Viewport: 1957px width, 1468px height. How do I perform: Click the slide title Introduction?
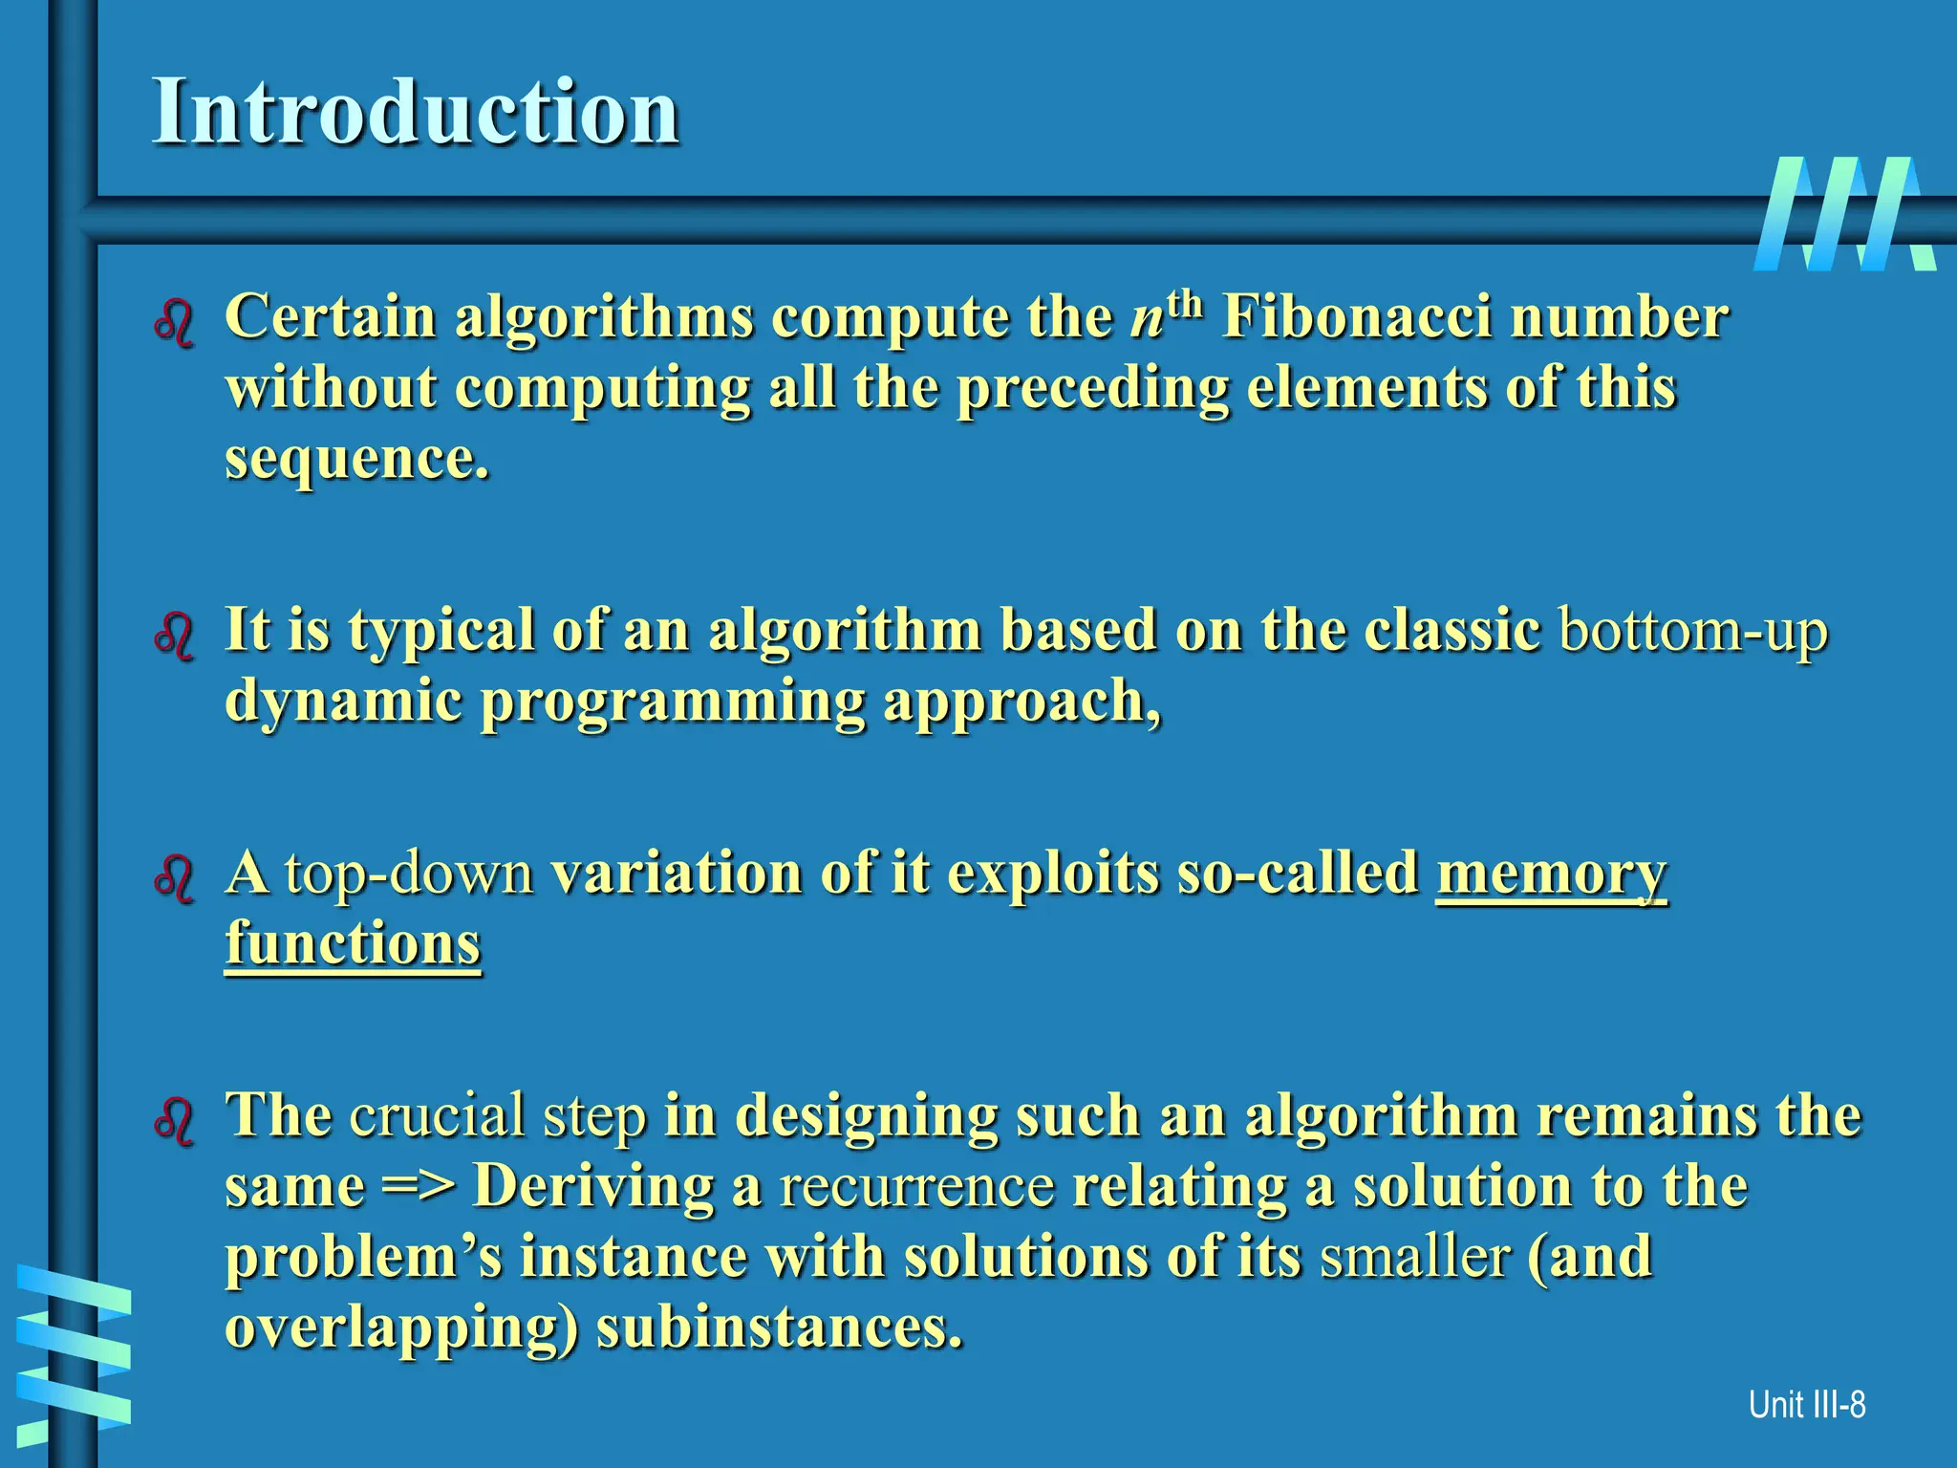416,112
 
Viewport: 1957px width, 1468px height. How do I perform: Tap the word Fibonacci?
1356,317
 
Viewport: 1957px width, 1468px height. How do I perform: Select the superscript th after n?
1184,304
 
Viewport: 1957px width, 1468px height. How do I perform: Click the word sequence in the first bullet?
355,459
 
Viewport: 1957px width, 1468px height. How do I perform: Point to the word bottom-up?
1692,631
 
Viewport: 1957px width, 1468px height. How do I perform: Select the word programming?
672,703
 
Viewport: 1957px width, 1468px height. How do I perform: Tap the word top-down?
409,874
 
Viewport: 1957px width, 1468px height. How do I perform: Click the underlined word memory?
1551,874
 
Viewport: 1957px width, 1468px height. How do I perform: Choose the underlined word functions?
353,944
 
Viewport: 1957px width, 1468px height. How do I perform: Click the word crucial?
438,1115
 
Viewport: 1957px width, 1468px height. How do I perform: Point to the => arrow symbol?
419,1187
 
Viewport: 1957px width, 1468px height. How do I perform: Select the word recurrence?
916,1187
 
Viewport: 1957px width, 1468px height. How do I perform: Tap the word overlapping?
401,1328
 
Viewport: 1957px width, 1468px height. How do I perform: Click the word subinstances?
779,1328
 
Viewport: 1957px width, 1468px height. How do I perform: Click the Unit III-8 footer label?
1806,1405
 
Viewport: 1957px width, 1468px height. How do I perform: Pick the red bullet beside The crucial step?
174,1122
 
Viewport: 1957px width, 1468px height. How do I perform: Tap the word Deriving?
593,1187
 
